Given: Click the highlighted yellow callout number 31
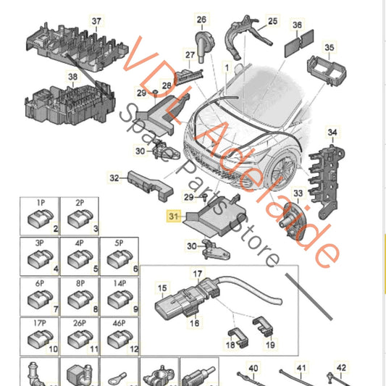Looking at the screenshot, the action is [x=173, y=217].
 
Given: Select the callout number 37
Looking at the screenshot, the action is [x=96, y=21].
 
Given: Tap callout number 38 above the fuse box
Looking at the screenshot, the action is [x=72, y=77].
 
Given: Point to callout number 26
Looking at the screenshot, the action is [x=201, y=20].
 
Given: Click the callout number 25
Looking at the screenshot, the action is [x=272, y=21].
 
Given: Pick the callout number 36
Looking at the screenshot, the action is [x=297, y=25].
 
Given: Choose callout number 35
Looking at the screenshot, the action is [x=329, y=47].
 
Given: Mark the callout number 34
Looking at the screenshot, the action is [x=332, y=133].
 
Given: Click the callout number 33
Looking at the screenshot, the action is [x=298, y=193].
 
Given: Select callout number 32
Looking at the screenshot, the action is [x=114, y=177].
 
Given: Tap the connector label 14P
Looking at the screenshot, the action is [x=119, y=283].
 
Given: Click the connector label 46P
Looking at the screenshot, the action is [x=119, y=323].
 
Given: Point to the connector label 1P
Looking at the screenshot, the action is [x=41, y=203].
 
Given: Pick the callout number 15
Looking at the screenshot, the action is [x=162, y=288].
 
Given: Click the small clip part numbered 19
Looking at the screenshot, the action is [x=263, y=324].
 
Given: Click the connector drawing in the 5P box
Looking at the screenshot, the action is [x=117, y=259].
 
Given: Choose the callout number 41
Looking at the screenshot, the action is [x=301, y=369].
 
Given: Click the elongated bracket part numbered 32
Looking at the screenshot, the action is [x=150, y=185].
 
